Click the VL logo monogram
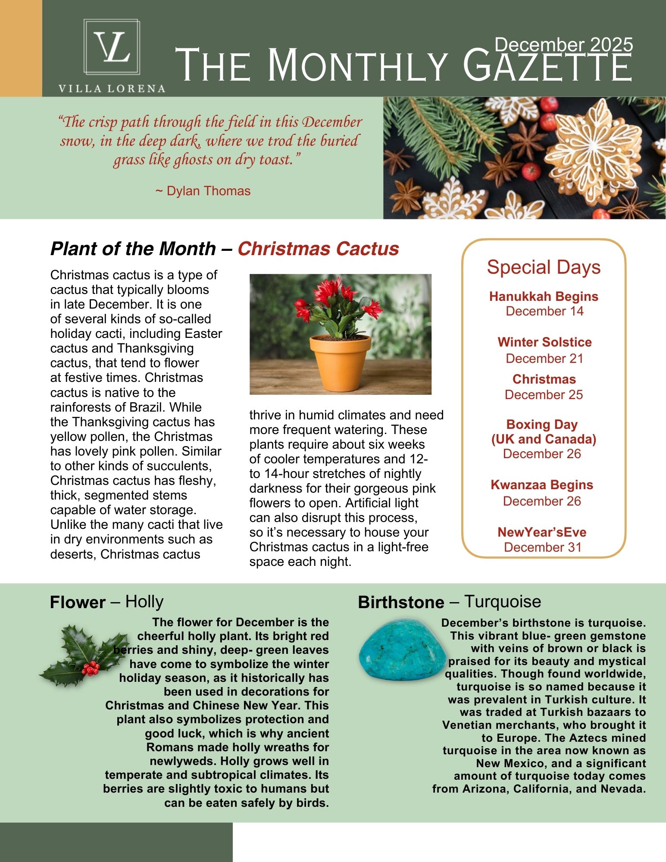[112, 47]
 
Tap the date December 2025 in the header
[563, 45]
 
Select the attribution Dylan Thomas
[208, 191]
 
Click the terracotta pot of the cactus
[340, 363]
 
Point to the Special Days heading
[544, 267]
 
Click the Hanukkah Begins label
[544, 297]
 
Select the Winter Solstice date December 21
[544, 359]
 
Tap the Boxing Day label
[542, 425]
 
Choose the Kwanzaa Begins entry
[542, 485]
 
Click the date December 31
[543, 547]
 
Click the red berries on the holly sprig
[91, 668]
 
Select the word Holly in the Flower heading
[144, 602]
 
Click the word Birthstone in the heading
[401, 602]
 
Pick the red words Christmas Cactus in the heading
[318, 249]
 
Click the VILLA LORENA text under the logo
[112, 89]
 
